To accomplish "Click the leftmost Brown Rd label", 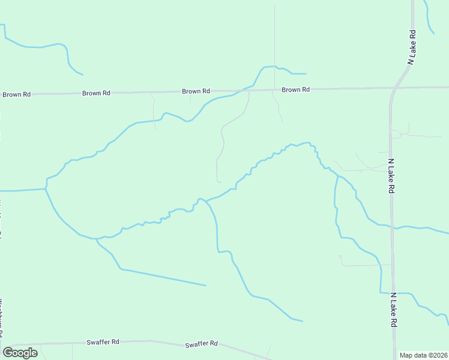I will (x=16, y=94).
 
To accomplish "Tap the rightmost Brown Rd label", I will (x=295, y=90).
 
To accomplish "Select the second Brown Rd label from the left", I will (x=96, y=93).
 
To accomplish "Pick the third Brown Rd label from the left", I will (x=196, y=91).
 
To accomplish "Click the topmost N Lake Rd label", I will (x=411, y=47).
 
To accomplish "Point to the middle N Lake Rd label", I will (x=391, y=176).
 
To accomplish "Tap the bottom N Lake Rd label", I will (x=394, y=310).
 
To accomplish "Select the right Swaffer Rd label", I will (x=201, y=344).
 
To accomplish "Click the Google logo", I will (x=20, y=353).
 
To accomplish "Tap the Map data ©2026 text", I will (x=423, y=355).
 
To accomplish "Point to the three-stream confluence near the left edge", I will (x=46, y=189).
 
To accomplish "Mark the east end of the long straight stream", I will (x=205, y=285).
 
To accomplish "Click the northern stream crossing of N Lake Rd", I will (x=392, y=227).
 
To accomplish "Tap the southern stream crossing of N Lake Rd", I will (x=394, y=293).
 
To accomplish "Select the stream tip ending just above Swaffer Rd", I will (x=302, y=321).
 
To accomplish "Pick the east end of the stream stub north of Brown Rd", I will (x=306, y=74).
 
